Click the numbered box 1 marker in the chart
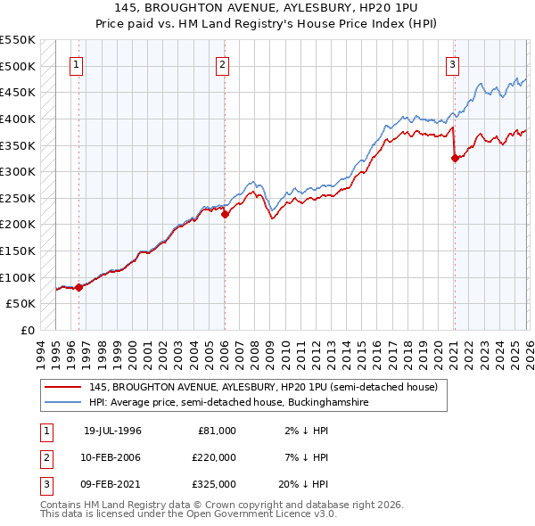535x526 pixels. (x=77, y=64)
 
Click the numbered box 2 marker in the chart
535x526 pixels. (x=221, y=64)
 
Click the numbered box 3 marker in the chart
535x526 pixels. (x=453, y=64)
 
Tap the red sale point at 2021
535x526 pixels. (x=455, y=159)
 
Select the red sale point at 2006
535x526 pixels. (x=225, y=214)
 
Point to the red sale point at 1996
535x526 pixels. (x=79, y=287)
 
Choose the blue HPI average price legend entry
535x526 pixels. (x=228, y=403)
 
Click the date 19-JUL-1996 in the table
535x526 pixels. (x=112, y=431)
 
